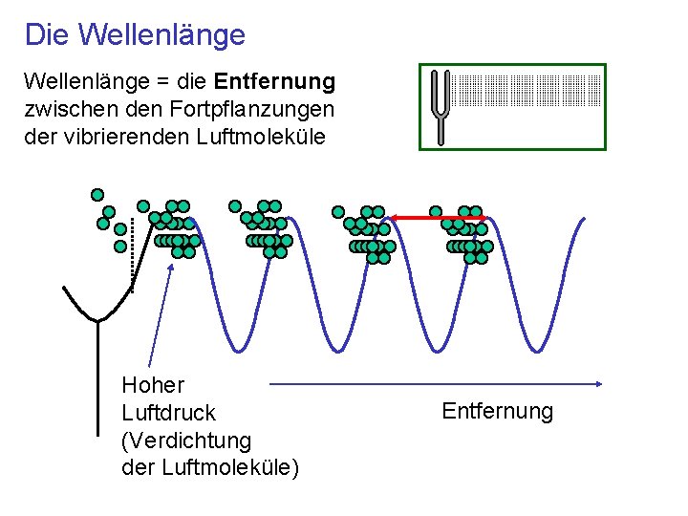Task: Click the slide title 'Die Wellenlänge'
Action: pos(135,35)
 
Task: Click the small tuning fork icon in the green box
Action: pos(440,105)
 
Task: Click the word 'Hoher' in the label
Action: pos(153,385)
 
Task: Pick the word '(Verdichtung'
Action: pos(186,441)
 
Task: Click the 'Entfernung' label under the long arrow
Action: pos(497,411)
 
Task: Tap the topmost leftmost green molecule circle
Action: pos(97,194)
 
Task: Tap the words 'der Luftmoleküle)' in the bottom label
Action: pos(210,468)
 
